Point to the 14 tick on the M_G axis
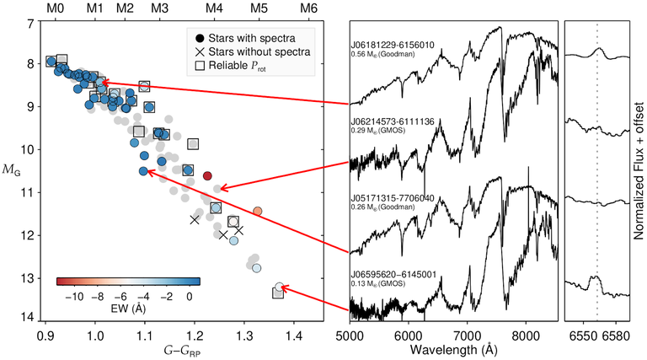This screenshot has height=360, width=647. coord(30,318)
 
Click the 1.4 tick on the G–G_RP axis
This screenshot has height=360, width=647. coord(294,336)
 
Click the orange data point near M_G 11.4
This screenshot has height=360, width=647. coord(258,211)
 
